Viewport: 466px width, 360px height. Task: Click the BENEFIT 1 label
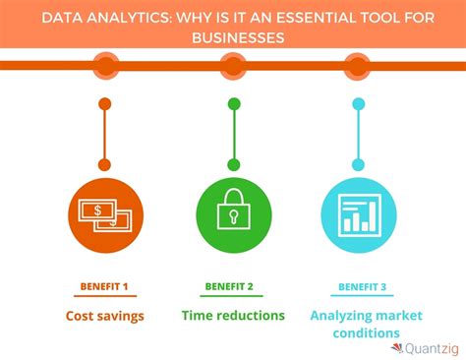(104, 287)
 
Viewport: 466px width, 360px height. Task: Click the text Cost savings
(104, 316)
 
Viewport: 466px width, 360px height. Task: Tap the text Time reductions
(233, 316)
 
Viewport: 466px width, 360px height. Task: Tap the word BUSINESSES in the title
(233, 37)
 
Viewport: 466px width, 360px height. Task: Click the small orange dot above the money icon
(104, 103)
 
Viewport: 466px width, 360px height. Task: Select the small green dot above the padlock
(233, 103)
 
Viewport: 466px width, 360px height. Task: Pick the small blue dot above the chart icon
(359, 103)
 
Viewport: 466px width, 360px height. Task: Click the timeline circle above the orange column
(104, 66)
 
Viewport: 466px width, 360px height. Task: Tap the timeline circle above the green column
(233, 66)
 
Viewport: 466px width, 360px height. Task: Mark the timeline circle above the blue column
(359, 66)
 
